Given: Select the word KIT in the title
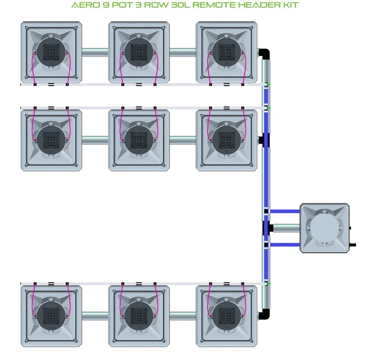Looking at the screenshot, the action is [291, 5].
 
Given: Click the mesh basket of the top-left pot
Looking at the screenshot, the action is [51, 52].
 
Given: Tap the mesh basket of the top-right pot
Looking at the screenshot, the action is [227, 52].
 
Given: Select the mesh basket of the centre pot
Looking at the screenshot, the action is [139, 140].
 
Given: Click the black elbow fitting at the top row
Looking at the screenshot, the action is [264, 54].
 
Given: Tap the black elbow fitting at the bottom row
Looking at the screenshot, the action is [264, 314].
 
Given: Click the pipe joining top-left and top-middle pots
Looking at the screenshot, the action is [95, 52].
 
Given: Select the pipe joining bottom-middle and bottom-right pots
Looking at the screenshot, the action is [183, 316].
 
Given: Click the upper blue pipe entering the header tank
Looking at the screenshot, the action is [285, 211].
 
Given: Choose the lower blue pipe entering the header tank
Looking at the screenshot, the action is [285, 245].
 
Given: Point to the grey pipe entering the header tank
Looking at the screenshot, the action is [286, 228].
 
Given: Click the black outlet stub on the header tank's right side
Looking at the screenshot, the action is [352, 245].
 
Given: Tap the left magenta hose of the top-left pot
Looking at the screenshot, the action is [32, 68].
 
